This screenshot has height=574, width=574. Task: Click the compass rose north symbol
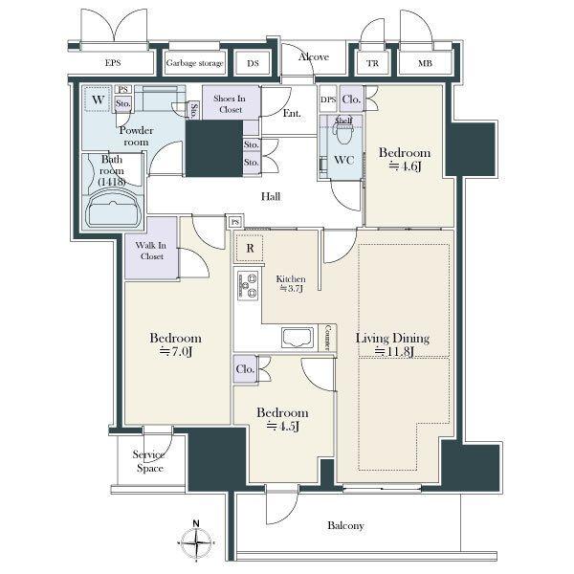[x=196, y=540]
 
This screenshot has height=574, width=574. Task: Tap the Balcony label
[x=345, y=525]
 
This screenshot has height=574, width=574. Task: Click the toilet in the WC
[x=342, y=132]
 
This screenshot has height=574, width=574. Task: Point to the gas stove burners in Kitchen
[x=248, y=285]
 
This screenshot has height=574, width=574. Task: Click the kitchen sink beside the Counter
[x=298, y=338]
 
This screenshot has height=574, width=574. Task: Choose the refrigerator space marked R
[x=250, y=248]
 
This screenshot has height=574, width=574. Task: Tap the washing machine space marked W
[x=98, y=99]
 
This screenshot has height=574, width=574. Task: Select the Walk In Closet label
[x=151, y=251]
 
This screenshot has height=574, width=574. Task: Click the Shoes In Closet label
[x=230, y=104]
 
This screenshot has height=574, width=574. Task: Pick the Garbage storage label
[x=195, y=63]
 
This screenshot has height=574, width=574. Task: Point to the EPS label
[x=113, y=62]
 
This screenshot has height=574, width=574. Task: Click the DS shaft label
[x=253, y=63]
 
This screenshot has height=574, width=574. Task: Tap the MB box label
[x=425, y=63]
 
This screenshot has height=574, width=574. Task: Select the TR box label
[x=373, y=63]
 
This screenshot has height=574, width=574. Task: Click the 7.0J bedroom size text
[x=176, y=351]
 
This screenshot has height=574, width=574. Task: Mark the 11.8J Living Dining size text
[x=394, y=351]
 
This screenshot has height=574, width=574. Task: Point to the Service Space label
[x=148, y=461]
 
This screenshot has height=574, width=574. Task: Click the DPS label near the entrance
[x=328, y=99]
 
